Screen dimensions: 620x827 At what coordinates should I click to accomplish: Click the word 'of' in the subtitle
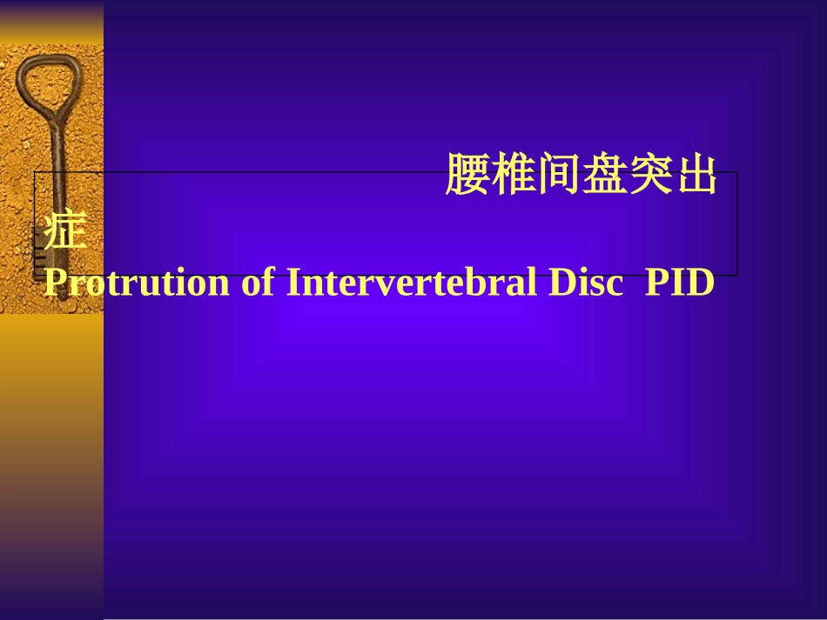(259, 283)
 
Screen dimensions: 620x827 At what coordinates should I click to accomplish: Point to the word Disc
(583, 283)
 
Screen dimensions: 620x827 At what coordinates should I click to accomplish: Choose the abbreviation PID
(679, 283)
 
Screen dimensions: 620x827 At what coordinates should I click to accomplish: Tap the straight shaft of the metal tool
(57, 191)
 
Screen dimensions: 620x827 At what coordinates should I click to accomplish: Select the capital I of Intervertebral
(293, 283)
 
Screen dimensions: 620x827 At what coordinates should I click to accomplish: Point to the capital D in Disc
(558, 283)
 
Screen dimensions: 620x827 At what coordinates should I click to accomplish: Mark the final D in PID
(701, 283)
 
